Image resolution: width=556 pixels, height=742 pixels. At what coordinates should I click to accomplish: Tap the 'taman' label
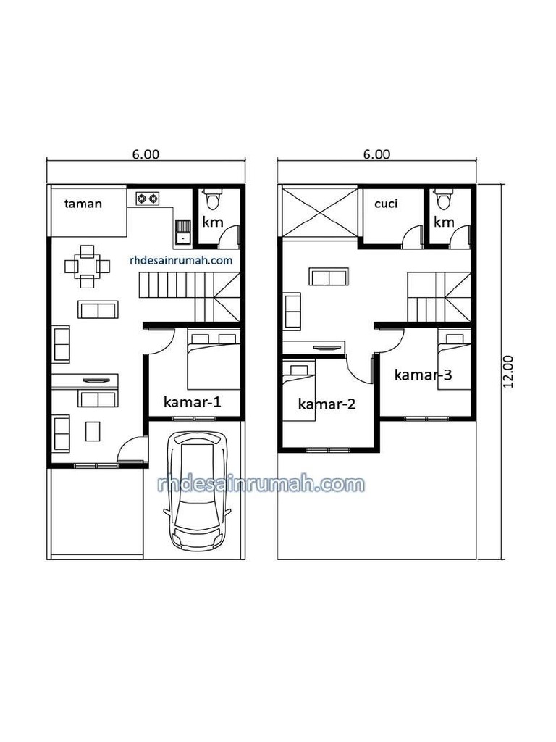pos(84,204)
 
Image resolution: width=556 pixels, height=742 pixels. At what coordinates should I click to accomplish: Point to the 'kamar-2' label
pos(327,404)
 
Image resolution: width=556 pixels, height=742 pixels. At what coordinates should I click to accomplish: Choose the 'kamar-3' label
pos(424,375)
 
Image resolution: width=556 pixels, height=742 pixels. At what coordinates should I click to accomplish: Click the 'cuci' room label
pos(385,204)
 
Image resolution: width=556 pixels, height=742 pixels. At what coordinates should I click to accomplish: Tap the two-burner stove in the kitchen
pos(148,198)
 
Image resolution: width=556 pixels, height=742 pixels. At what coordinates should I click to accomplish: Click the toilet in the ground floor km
pos(212,198)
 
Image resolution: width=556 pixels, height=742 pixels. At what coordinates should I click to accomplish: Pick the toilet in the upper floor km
pos(443,198)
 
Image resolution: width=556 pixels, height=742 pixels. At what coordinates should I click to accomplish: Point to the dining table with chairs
pos(88,265)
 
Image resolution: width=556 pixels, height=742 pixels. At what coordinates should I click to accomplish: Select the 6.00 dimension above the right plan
pos(376,154)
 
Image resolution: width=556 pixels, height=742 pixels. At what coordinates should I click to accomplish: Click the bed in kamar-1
pos(212,361)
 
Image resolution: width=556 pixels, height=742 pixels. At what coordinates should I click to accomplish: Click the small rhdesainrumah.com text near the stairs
pos(181,259)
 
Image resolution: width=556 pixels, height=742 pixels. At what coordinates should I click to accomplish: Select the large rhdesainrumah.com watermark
pos(261,483)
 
